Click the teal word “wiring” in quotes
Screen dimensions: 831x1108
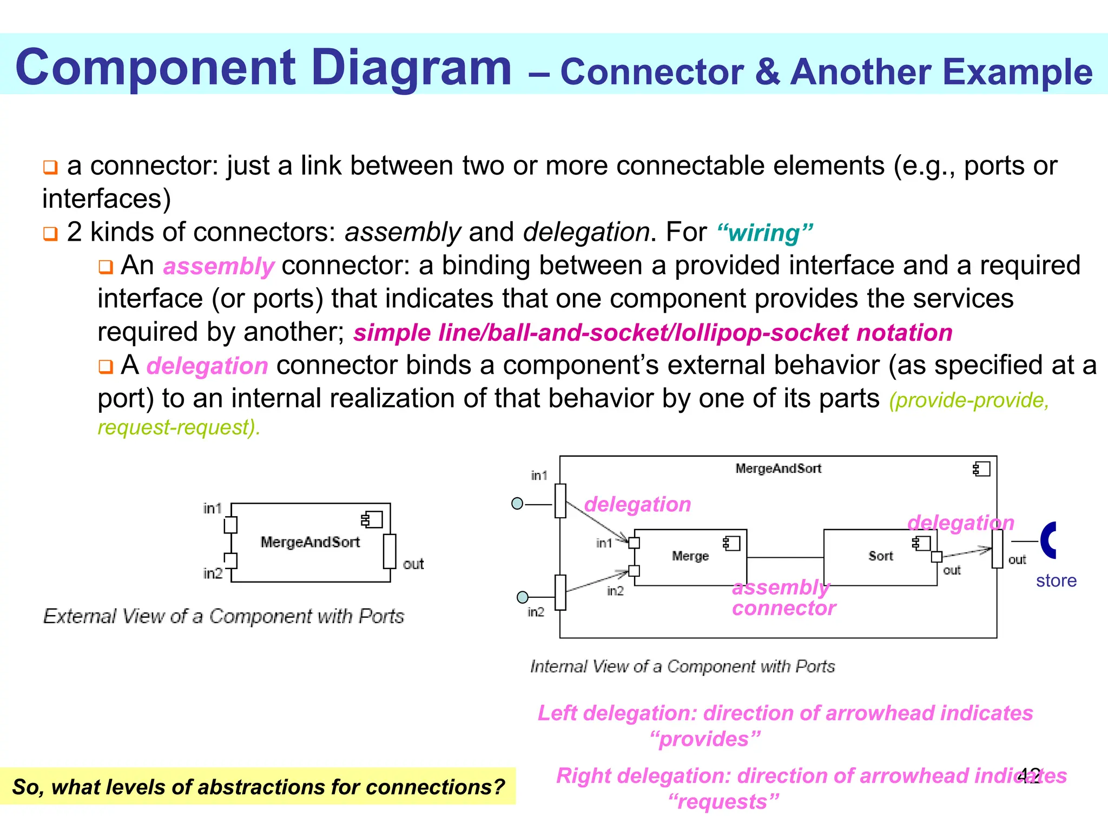[764, 233]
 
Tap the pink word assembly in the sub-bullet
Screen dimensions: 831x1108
[219, 266]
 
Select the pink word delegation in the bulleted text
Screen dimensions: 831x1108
[207, 366]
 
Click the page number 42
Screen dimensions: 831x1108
[1028, 775]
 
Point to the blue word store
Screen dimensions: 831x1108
[1056, 581]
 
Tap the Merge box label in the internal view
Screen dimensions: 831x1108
[690, 556]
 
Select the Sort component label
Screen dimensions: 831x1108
[880, 556]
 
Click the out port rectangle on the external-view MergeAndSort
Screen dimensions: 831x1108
[389, 551]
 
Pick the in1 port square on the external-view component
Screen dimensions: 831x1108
[230, 525]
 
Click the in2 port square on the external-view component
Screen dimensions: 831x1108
[230, 560]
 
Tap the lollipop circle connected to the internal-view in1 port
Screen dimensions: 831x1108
[517, 504]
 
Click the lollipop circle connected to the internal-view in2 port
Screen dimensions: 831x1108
[522, 597]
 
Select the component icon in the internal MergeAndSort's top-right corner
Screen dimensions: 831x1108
[981, 469]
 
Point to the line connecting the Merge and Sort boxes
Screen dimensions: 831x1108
[785, 557]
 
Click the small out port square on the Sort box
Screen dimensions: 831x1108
[936, 557]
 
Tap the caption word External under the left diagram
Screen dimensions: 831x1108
[80, 616]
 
